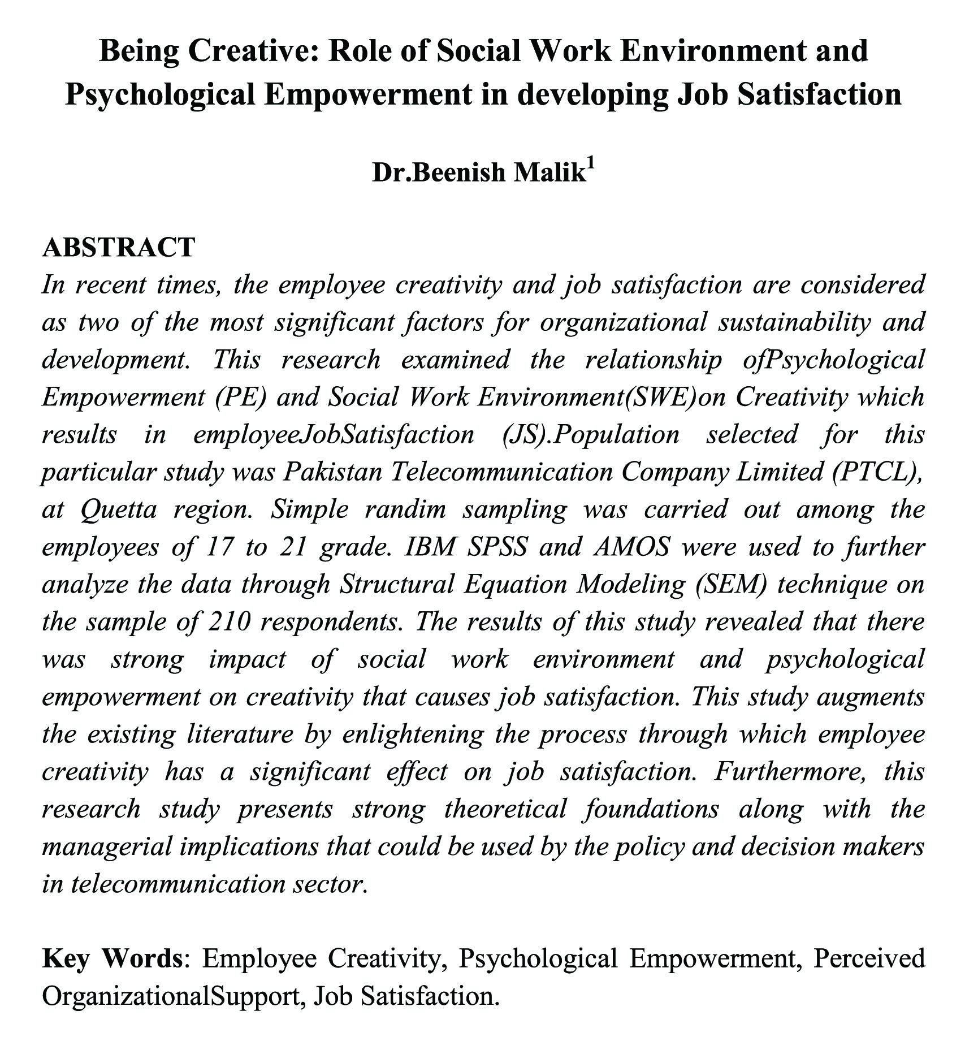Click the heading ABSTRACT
click(119, 248)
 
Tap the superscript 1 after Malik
click(591, 165)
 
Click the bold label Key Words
click(112, 958)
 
